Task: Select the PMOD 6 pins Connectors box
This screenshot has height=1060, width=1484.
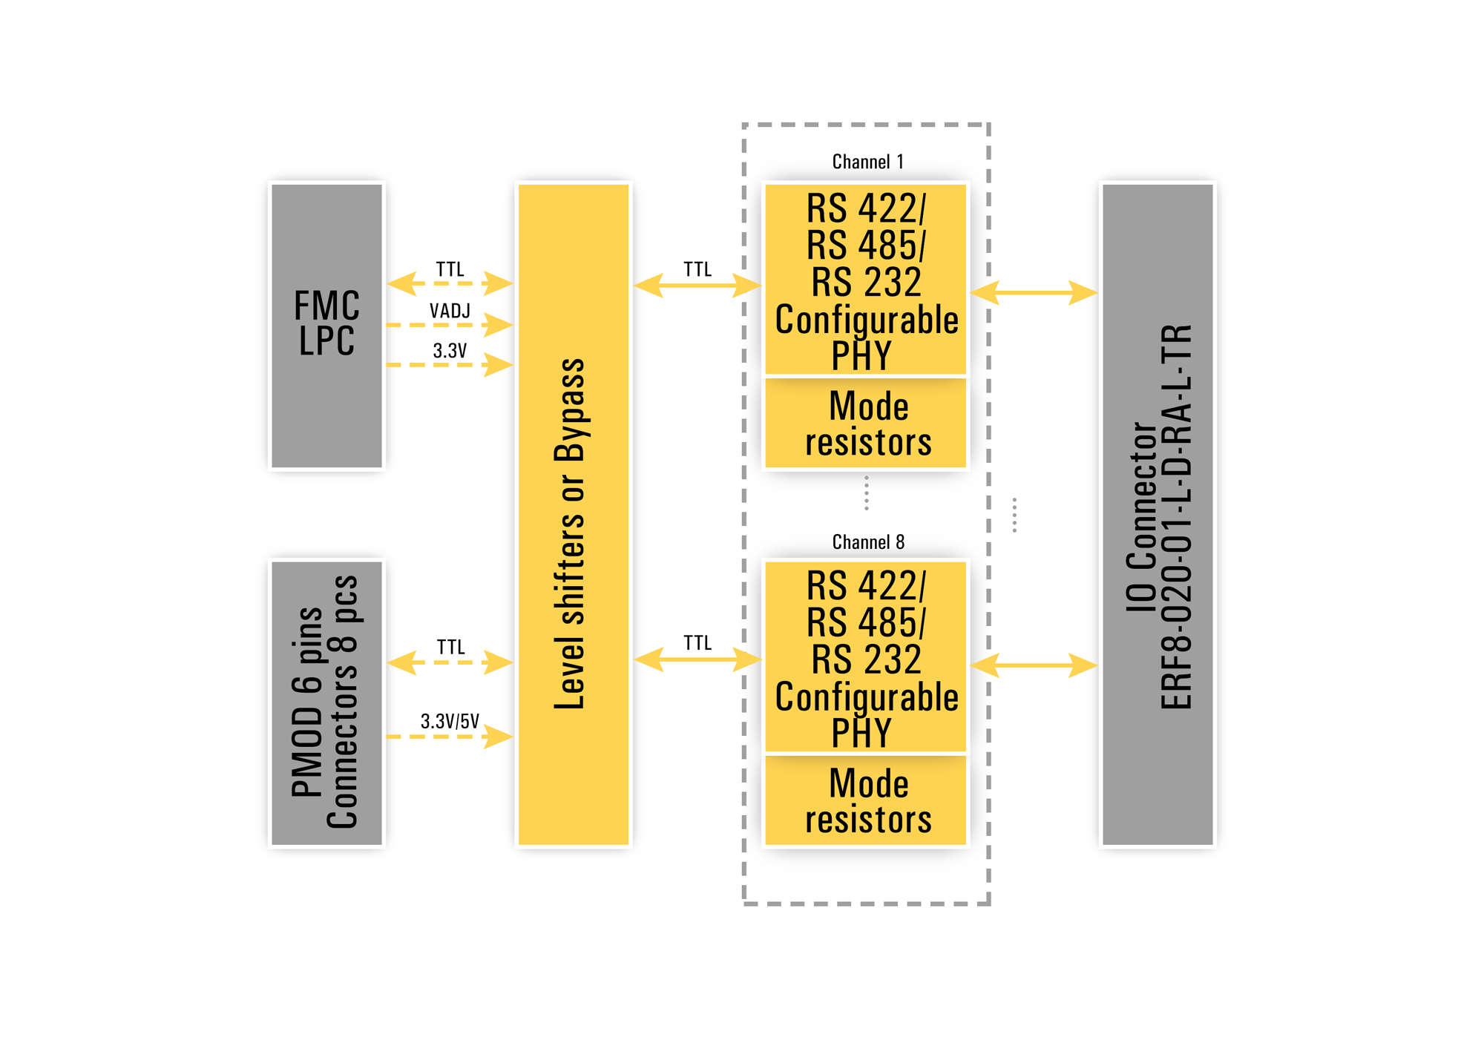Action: tap(326, 702)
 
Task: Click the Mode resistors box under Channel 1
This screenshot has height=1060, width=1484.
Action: tap(866, 424)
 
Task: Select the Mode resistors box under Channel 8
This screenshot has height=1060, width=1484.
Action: tap(866, 800)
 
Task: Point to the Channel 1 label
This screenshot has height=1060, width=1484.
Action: tap(867, 162)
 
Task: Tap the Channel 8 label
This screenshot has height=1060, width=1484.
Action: tap(867, 542)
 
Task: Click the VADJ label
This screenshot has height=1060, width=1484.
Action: tap(450, 311)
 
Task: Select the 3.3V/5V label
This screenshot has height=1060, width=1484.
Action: tap(450, 721)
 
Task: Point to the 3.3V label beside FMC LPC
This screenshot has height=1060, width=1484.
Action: tap(450, 350)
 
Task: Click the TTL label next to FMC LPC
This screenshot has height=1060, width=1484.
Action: tap(450, 269)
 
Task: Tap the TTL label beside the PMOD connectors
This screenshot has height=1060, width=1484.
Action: tap(450, 647)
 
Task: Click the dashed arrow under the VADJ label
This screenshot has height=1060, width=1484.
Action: tap(450, 325)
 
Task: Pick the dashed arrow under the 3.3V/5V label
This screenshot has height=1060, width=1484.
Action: tap(450, 737)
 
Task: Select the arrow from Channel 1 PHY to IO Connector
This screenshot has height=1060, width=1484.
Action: tap(1034, 292)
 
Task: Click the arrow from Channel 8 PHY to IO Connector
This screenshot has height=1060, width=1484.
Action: tap(1034, 665)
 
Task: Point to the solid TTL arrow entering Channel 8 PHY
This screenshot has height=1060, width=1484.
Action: tap(697, 659)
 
